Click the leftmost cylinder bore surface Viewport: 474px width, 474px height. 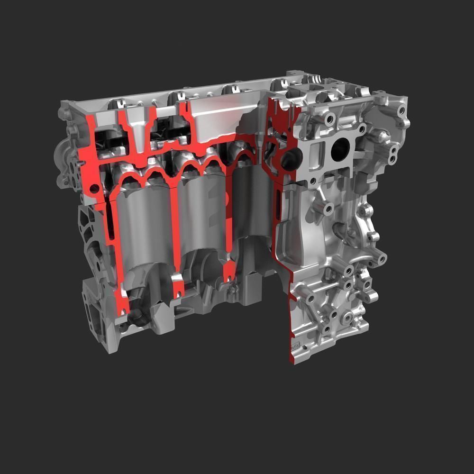[142, 228]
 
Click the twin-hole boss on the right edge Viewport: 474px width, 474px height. [393, 153]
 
